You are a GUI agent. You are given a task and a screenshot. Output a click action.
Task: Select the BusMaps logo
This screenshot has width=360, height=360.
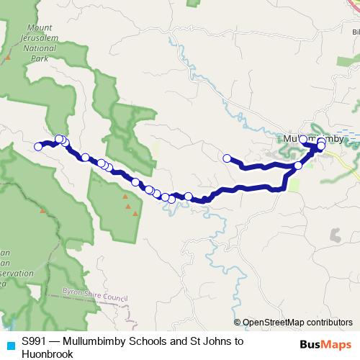[x=324, y=343]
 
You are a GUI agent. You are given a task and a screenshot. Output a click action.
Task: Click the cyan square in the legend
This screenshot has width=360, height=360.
[x=9, y=343]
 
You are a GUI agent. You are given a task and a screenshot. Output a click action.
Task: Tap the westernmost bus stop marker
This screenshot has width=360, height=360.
[x=38, y=147]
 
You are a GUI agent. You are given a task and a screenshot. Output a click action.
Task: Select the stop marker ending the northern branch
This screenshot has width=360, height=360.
[x=227, y=158]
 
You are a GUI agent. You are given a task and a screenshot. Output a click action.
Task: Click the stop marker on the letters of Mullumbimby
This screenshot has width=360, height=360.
[x=303, y=140]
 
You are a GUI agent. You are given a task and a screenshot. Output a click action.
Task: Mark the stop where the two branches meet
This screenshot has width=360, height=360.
[x=298, y=166]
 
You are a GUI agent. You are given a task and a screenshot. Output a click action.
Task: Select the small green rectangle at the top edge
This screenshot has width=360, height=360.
[x=193, y=3]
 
